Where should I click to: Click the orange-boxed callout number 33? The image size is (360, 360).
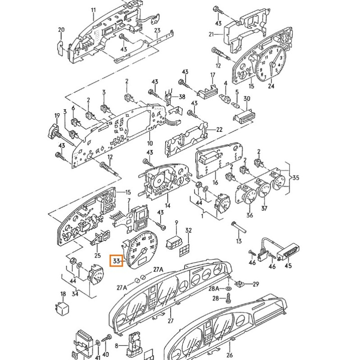pyautogui.click(x=117, y=261)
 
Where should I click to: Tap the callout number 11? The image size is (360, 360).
pyautogui.click(x=93, y=10)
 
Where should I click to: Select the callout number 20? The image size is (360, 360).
pyautogui.click(x=61, y=30)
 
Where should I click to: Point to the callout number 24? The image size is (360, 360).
pyautogui.click(x=270, y=86)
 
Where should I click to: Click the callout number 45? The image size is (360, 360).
pyautogui.click(x=288, y=265)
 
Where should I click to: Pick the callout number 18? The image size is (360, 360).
pyautogui.click(x=63, y=294)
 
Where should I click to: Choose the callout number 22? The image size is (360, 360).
pyautogui.click(x=219, y=130)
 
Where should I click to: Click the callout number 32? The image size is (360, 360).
pyautogui.click(x=189, y=230)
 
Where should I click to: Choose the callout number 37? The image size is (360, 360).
pyautogui.click(x=265, y=208)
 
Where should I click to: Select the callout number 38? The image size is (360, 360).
pyautogui.click(x=182, y=97)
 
